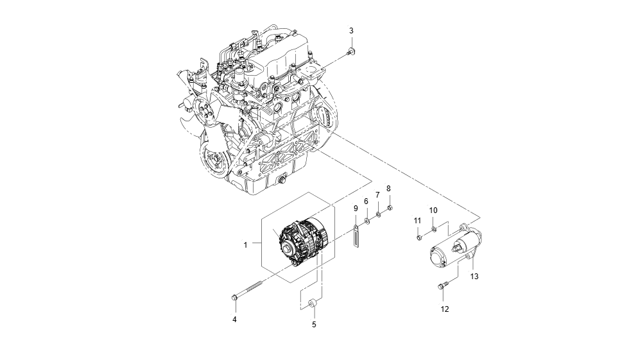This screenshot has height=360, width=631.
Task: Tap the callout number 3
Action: [351, 30]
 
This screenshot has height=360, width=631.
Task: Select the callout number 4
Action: [234, 319]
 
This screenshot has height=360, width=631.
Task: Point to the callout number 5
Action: [314, 325]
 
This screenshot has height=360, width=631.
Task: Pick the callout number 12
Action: [445, 309]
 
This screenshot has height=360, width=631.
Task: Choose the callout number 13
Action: [474, 277]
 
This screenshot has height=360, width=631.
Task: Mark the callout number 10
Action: [433, 210]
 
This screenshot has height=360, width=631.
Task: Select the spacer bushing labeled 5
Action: [314, 304]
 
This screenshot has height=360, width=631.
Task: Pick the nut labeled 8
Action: [390, 207]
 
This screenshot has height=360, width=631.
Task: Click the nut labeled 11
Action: [419, 238]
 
